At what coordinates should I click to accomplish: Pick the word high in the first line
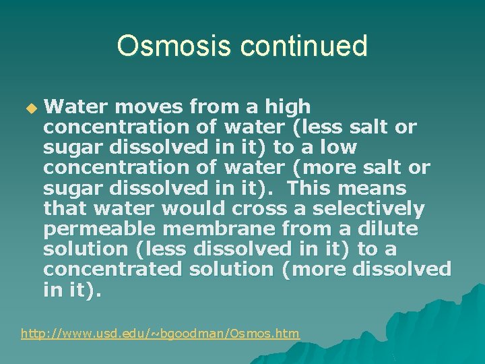288,107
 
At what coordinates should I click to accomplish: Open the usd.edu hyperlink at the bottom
160,333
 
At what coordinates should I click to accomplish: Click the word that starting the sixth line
65,208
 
